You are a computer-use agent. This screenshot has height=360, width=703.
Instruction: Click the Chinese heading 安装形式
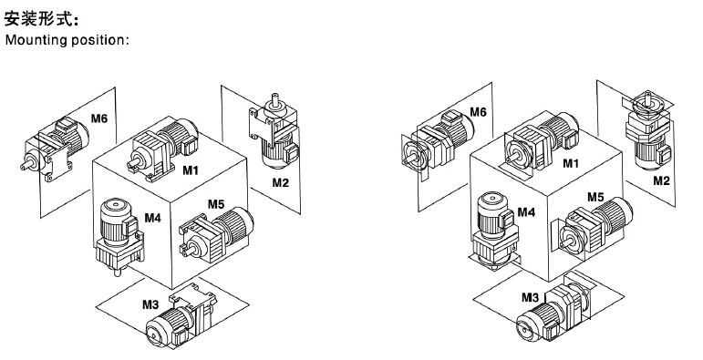pyautogui.click(x=38, y=19)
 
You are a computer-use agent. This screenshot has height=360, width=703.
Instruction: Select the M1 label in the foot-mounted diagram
pyautogui.click(x=190, y=170)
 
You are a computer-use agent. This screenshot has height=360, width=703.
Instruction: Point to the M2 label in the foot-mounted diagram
pyautogui.click(x=280, y=182)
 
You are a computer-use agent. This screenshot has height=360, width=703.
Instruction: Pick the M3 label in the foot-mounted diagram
pyautogui.click(x=150, y=304)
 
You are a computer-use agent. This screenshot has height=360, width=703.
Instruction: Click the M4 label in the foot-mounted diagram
pyautogui.click(x=152, y=218)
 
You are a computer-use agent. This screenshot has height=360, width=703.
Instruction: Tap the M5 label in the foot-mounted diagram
pyautogui.click(x=216, y=204)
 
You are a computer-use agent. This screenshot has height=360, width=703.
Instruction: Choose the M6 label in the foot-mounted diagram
pyautogui.click(x=99, y=118)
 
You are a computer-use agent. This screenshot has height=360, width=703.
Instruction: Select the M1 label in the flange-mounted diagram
pyautogui.click(x=571, y=164)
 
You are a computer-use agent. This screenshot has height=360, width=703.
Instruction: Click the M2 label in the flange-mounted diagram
pyautogui.click(x=661, y=180)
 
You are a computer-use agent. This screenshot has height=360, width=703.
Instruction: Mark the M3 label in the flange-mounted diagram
pyautogui.click(x=530, y=297)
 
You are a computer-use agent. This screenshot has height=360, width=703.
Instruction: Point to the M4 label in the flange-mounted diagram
pyautogui.click(x=526, y=211)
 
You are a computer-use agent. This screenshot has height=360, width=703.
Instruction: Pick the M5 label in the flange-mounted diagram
pyautogui.click(x=595, y=197)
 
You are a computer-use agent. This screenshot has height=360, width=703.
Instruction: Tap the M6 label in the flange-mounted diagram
pyautogui.click(x=478, y=112)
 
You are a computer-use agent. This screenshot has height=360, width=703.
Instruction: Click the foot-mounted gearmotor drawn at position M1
pyautogui.click(x=162, y=149)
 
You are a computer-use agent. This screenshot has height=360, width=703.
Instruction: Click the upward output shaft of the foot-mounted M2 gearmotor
pyautogui.click(x=275, y=99)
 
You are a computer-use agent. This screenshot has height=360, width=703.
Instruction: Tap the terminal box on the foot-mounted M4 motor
pyautogui.click(x=132, y=225)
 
